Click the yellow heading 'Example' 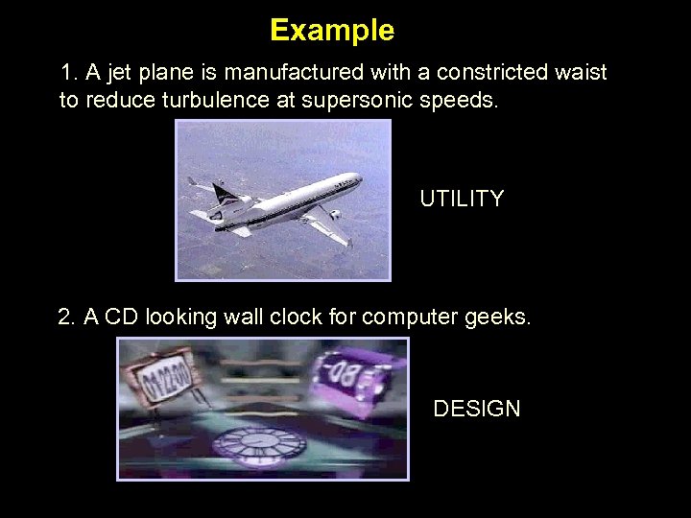pyautogui.click(x=332, y=31)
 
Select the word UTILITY pyautogui.click(x=462, y=200)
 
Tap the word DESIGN pyautogui.click(x=477, y=409)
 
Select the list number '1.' pyautogui.click(x=68, y=73)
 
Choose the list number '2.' pyautogui.click(x=66, y=318)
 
